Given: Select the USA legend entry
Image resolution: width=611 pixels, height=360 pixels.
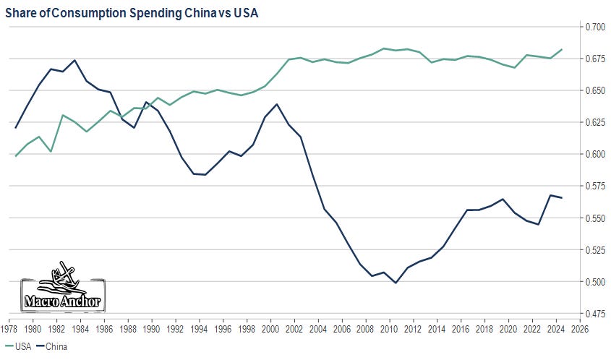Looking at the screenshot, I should tap(22, 346).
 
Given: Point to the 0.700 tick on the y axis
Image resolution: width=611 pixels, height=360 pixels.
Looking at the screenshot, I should tap(596, 27).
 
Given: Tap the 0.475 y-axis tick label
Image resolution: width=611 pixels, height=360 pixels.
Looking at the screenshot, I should tap(596, 314).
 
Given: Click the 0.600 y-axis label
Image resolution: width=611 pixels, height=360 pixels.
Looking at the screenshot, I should tap(596, 154).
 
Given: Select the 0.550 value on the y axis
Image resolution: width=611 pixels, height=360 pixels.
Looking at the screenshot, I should tap(596, 218).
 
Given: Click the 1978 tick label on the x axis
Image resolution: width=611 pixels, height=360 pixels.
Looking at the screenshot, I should tap(9, 329).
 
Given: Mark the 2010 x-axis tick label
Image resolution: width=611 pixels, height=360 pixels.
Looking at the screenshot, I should tap(388, 329).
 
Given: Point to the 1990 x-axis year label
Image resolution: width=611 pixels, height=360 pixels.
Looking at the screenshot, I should tap(151, 329).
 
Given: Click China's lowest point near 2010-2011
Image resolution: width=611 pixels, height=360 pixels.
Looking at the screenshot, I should tap(396, 283).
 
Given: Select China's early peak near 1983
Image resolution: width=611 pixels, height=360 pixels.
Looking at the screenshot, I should tap(74, 60).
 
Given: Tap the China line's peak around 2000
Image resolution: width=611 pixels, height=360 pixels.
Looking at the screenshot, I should tap(277, 104).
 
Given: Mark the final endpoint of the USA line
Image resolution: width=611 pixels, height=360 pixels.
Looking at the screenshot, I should tap(563, 49).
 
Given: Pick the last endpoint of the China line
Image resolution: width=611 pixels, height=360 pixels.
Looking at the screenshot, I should tap(563, 198).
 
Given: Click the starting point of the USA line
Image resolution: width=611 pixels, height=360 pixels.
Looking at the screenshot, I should tap(15, 156).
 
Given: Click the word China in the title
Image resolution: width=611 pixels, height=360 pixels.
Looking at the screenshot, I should tap(183, 12).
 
